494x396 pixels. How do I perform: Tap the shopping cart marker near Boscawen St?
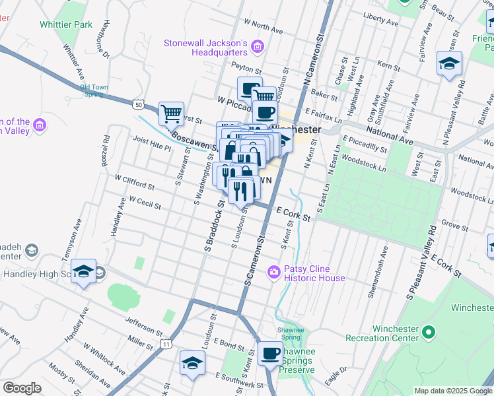click(x=171, y=113)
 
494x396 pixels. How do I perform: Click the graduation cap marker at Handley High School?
click(x=84, y=271)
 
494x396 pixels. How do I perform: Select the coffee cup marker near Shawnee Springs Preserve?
click(x=270, y=353)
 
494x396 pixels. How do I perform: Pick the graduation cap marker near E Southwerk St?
click(x=192, y=362)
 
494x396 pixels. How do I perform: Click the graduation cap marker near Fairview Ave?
click(x=449, y=63)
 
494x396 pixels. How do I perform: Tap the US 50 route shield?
click(x=137, y=104)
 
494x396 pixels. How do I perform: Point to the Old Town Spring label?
click(x=94, y=90)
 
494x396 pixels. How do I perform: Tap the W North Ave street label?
click(x=263, y=26)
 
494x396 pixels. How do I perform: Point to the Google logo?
click(x=22, y=388)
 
